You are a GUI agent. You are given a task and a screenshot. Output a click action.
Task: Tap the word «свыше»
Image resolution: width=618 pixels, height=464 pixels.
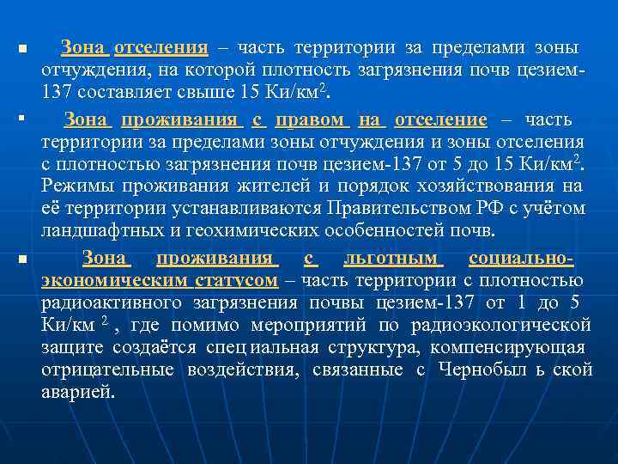[x=221, y=91]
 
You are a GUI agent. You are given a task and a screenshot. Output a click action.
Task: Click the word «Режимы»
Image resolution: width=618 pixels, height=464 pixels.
[x=72, y=186]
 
